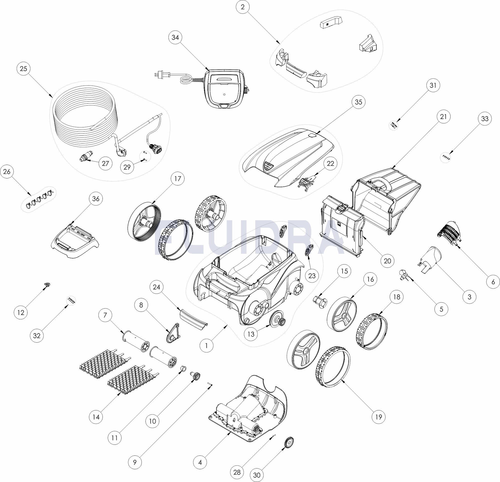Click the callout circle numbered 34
tap(175, 37)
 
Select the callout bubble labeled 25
tap(23, 69)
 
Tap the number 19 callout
tap(378, 417)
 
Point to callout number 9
tap(135, 462)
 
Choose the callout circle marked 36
tap(96, 198)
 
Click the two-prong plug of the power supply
tap(158, 75)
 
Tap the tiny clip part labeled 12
tap(47, 285)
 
